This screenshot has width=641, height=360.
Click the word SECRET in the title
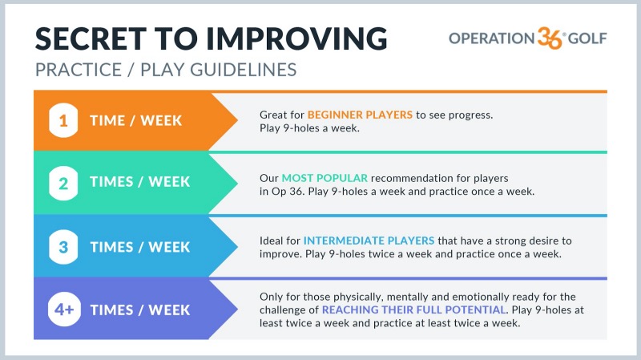91,38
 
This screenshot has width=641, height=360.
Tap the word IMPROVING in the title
296,38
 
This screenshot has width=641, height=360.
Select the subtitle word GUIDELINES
244,70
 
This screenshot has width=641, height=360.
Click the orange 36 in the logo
550,38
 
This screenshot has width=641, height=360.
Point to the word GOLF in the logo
587,38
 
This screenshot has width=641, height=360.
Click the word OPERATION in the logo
492,38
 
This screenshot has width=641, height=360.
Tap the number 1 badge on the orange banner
63,121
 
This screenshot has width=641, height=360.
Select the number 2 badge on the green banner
63,184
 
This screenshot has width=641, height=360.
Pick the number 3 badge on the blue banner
63,247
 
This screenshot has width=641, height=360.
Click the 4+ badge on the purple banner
64,309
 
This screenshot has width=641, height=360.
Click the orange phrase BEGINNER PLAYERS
360,115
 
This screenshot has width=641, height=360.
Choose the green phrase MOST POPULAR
325,178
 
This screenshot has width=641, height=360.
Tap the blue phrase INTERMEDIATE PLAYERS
369,241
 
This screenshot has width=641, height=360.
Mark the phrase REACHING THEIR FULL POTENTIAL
413,309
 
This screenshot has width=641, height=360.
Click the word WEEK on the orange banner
161,121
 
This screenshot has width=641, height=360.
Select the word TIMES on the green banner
111,182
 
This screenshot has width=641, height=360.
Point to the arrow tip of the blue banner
237,247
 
